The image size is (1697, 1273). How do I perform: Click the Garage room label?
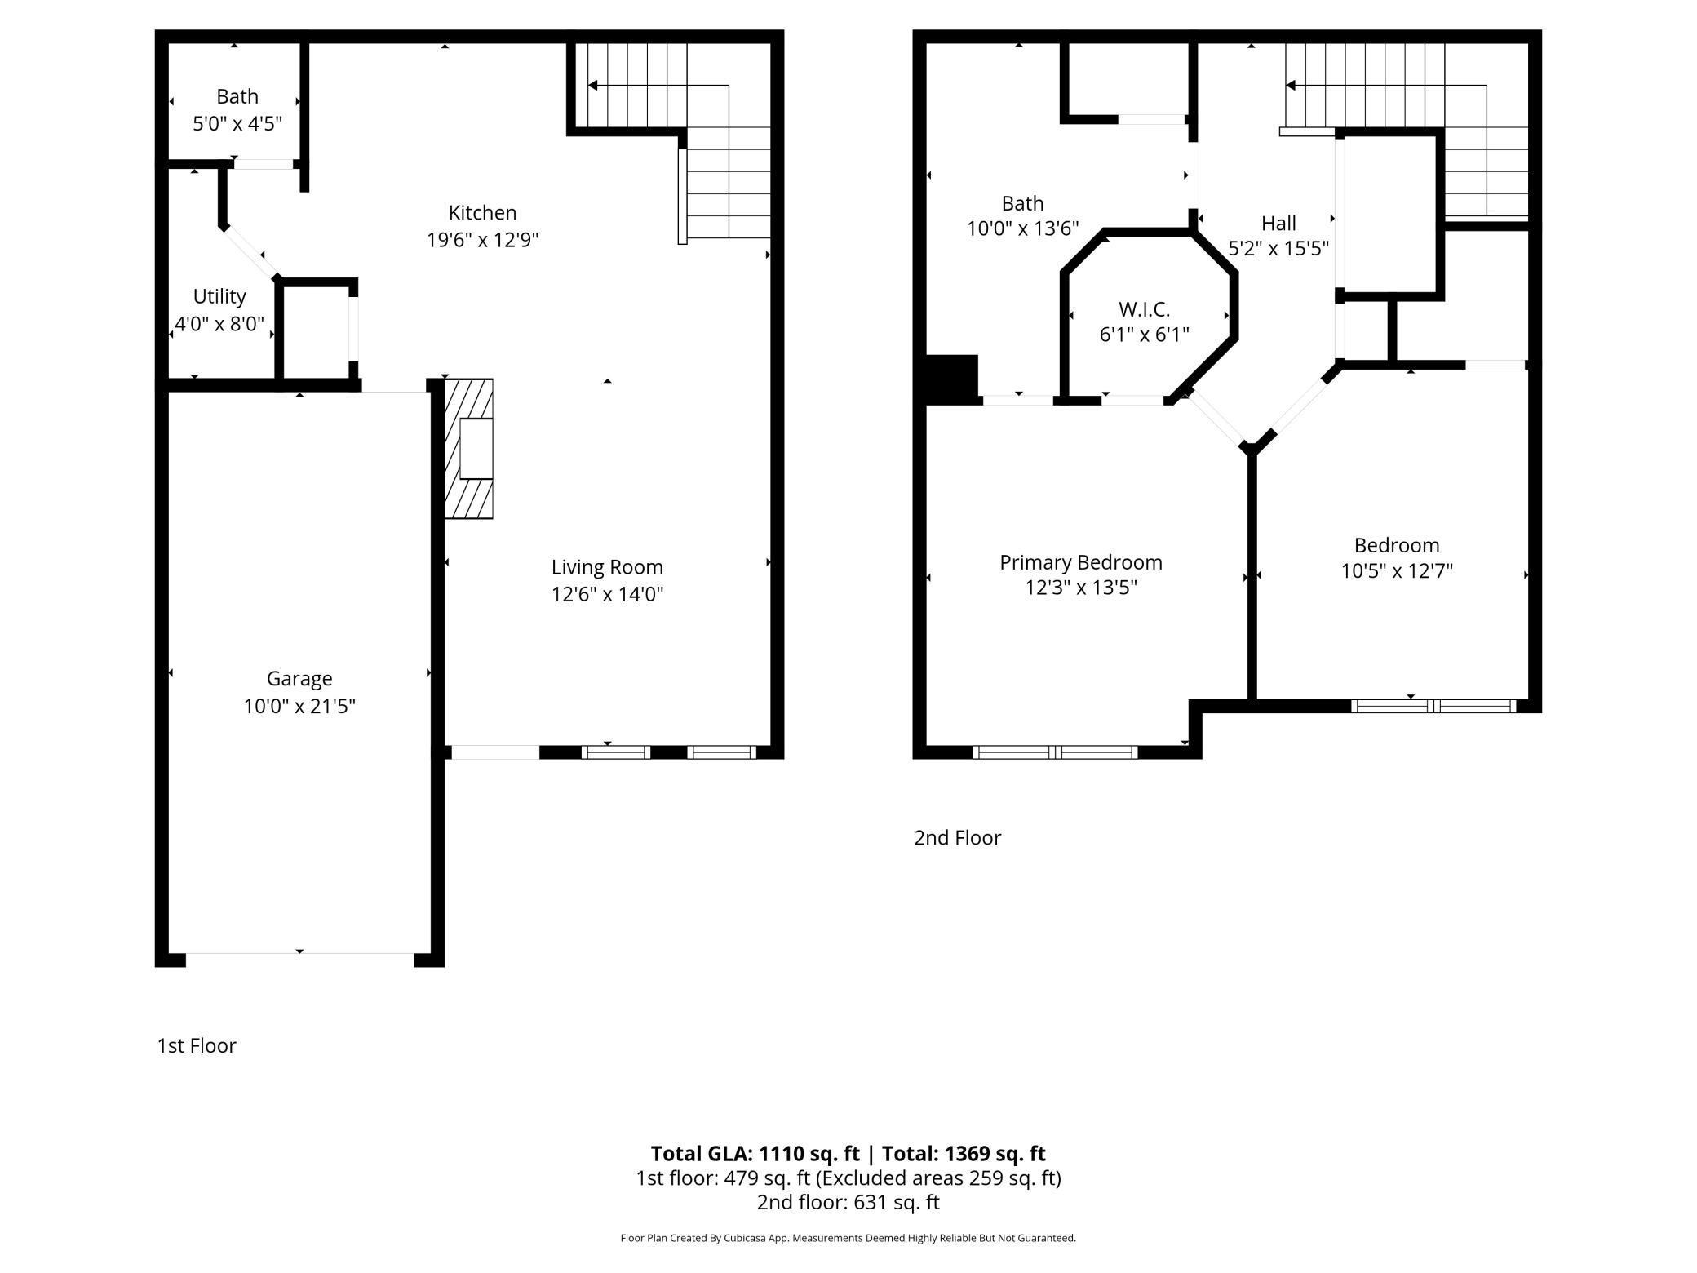(x=299, y=679)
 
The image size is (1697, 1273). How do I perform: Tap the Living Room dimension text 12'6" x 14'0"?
(x=607, y=594)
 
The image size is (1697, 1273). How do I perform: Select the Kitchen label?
(x=482, y=213)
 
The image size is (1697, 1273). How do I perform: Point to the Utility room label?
(x=219, y=296)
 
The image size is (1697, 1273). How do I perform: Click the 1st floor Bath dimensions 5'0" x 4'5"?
(x=237, y=124)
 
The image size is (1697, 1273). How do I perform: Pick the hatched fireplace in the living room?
(x=468, y=448)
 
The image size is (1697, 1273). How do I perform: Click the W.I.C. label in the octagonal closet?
(x=1144, y=309)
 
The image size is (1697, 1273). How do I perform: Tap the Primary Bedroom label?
(x=1081, y=562)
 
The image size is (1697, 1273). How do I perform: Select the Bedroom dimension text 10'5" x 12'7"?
(x=1397, y=571)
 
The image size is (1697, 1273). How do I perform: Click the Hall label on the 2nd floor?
(x=1278, y=223)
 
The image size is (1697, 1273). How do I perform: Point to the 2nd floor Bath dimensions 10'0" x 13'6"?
(x=1023, y=228)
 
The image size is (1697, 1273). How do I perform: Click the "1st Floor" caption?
(x=197, y=1046)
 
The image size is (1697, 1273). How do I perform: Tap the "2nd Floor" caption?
(x=957, y=838)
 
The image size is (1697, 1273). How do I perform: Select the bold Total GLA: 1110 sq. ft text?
(x=755, y=1153)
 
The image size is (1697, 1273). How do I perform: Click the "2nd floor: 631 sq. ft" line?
(x=848, y=1202)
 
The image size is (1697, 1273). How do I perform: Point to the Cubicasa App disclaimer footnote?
(x=848, y=1238)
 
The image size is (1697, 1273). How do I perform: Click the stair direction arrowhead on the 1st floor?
(x=592, y=85)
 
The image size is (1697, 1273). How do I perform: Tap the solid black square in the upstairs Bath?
(x=951, y=379)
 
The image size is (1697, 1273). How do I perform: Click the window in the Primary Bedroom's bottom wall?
(x=1056, y=752)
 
